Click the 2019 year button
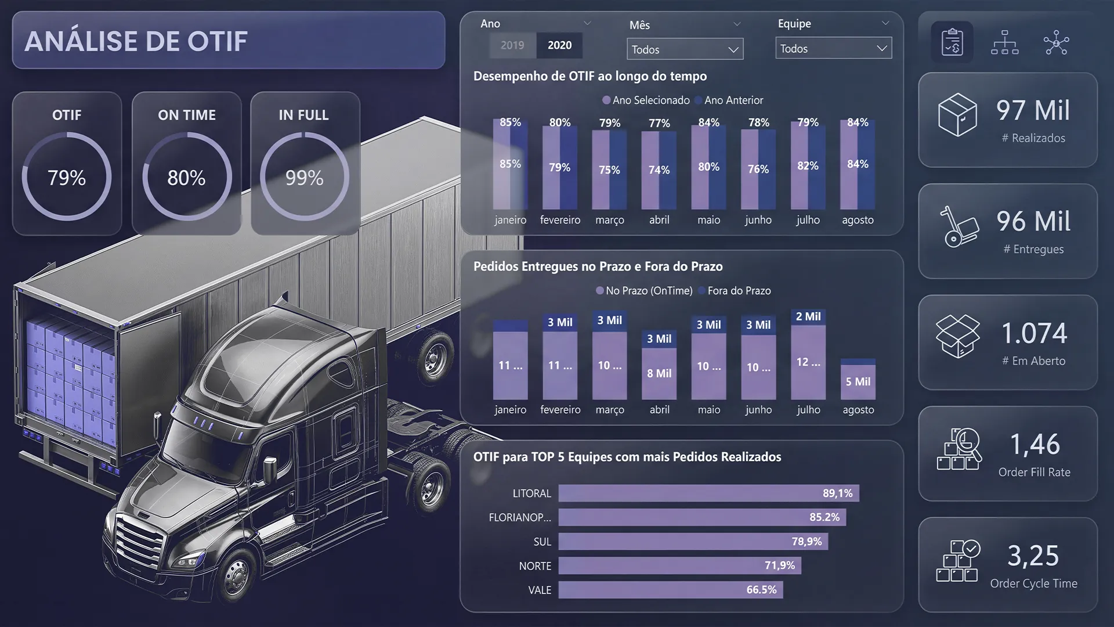pyautogui.click(x=512, y=45)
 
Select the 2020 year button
pyautogui.click(x=559, y=45)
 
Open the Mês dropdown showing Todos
pyautogui.click(x=685, y=49)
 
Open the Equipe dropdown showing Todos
pyautogui.click(x=833, y=49)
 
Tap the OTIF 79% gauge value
pyautogui.click(x=67, y=178)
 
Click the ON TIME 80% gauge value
pyautogui.click(x=186, y=178)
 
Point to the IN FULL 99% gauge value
pyautogui.click(x=305, y=178)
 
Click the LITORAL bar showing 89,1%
pyautogui.click(x=708, y=493)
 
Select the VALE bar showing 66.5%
pyautogui.click(x=671, y=590)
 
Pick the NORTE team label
pyautogui.click(x=535, y=566)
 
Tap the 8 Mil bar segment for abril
pyautogui.click(x=659, y=374)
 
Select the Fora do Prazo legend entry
pyautogui.click(x=735, y=291)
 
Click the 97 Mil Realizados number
pyautogui.click(x=1033, y=110)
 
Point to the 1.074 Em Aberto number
pyautogui.click(x=1034, y=333)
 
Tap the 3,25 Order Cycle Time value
pyautogui.click(x=1033, y=556)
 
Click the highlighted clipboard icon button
pyautogui.click(x=952, y=42)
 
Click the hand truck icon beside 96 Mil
pyautogui.click(x=959, y=227)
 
